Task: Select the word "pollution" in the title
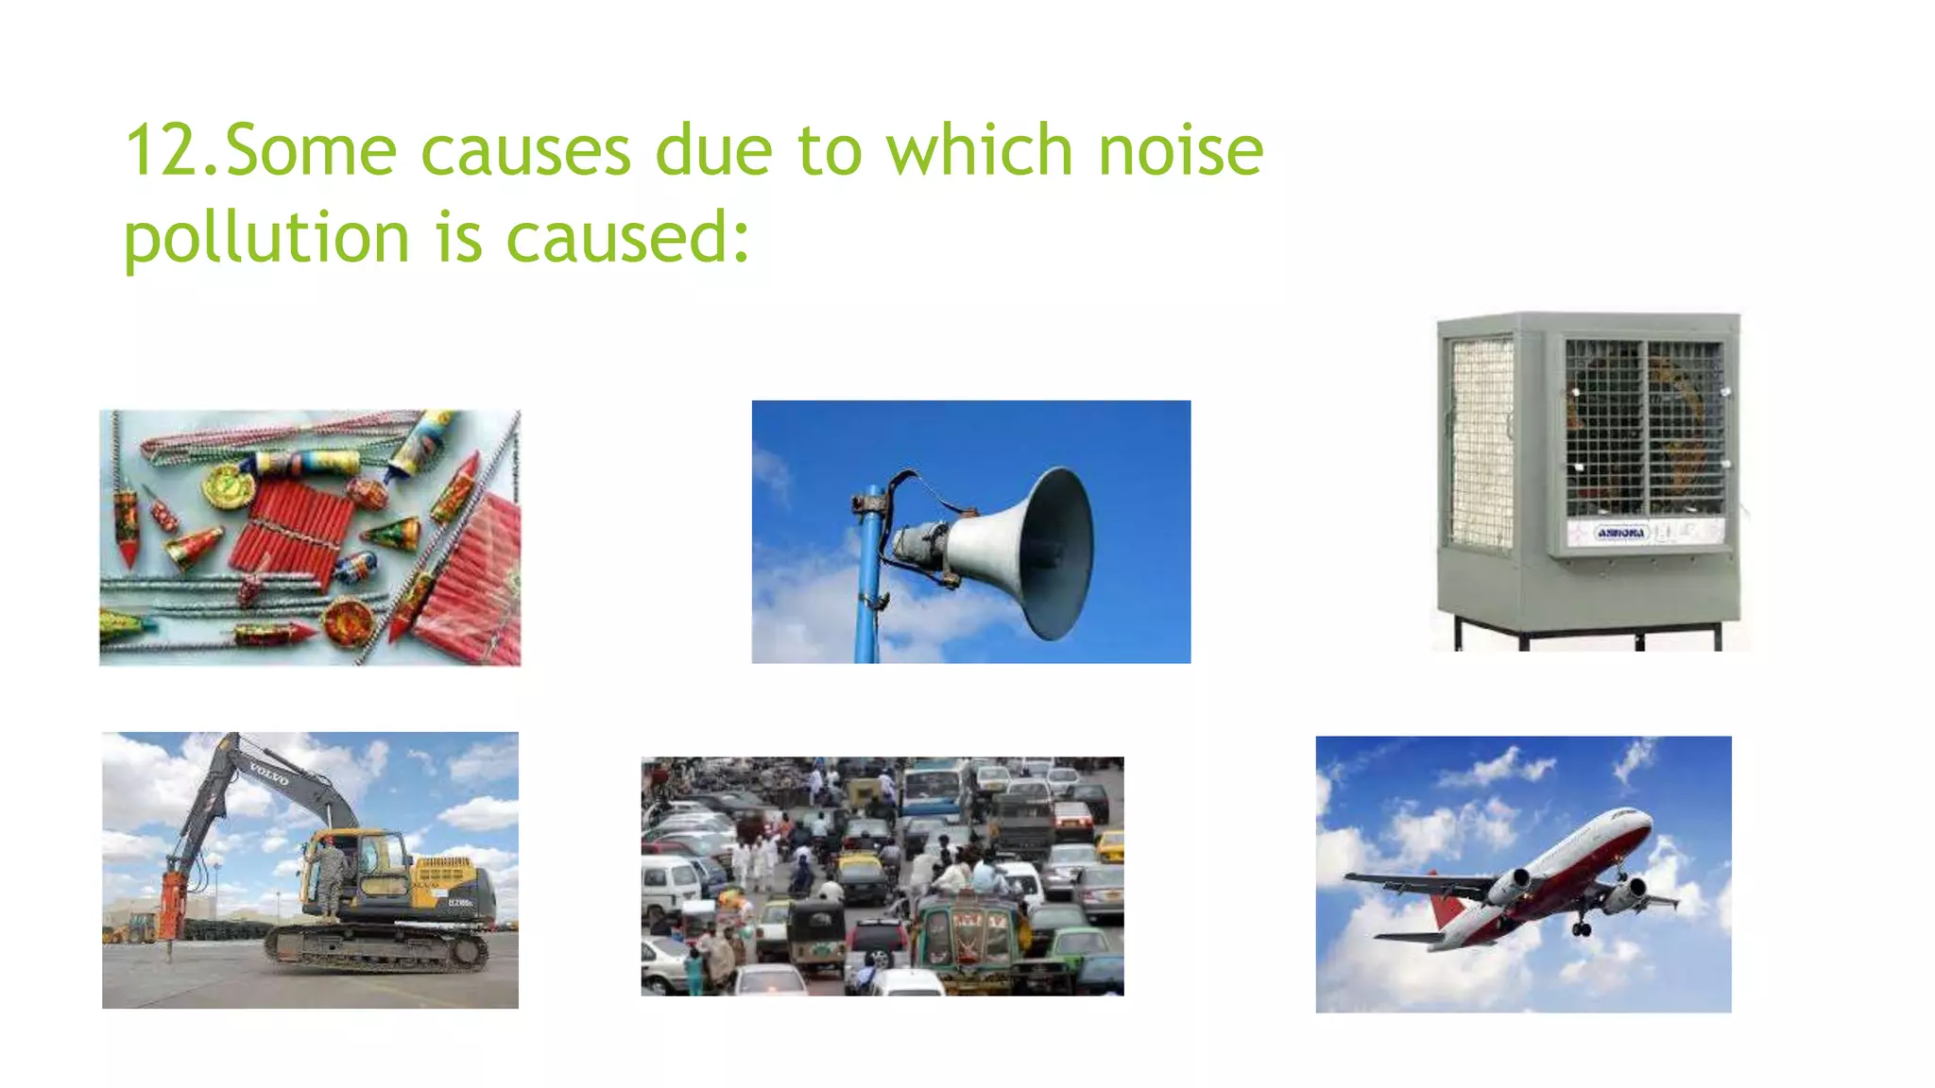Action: coord(266,238)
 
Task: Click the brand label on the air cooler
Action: coord(1620,534)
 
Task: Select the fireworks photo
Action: coord(310,537)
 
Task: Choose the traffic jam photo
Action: coord(882,875)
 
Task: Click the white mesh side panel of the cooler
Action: coord(1481,444)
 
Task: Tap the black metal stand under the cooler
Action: coord(1587,633)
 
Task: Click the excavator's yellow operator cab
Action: coord(364,864)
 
